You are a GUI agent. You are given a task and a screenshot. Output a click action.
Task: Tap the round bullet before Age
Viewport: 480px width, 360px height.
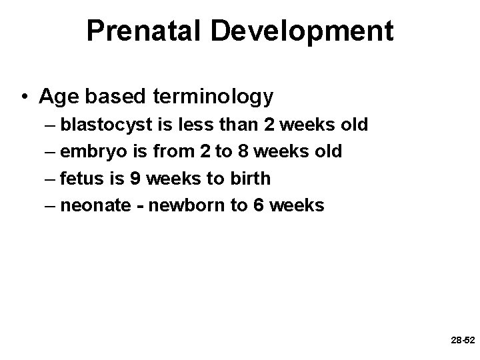[x=25, y=98]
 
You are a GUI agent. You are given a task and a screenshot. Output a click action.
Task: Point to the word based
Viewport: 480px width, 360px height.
[x=118, y=97]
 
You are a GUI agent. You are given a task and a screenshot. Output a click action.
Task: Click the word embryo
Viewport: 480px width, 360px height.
[x=91, y=152]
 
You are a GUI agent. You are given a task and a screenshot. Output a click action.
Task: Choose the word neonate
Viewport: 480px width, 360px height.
[x=93, y=205]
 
